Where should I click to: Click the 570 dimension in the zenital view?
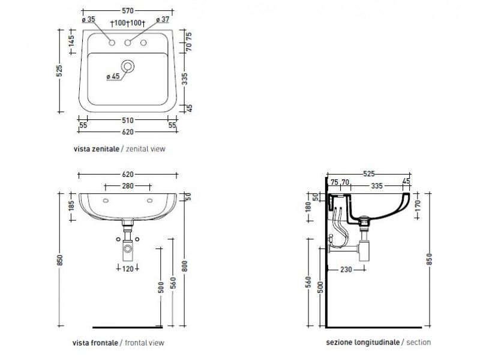click(128, 11)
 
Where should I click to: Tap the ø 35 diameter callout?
click(89, 19)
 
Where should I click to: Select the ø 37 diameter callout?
click(163, 19)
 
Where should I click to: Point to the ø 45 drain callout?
click(113, 76)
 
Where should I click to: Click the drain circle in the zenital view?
click(128, 66)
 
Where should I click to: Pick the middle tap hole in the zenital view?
click(128, 43)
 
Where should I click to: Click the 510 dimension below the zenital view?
click(128, 121)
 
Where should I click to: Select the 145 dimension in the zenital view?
click(71, 41)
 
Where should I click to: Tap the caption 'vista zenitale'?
click(97, 149)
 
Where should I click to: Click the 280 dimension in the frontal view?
click(128, 186)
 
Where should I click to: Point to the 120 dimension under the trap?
click(128, 269)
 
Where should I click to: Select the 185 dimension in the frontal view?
click(71, 205)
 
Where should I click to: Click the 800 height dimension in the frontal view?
click(184, 266)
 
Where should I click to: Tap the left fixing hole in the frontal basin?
click(106, 200)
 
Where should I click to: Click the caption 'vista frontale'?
click(95, 343)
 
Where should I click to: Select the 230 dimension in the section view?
click(346, 269)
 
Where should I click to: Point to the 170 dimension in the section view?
click(418, 206)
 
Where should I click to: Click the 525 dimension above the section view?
click(369, 174)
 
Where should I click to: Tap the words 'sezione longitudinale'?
click(363, 342)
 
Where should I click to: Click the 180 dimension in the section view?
click(308, 206)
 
